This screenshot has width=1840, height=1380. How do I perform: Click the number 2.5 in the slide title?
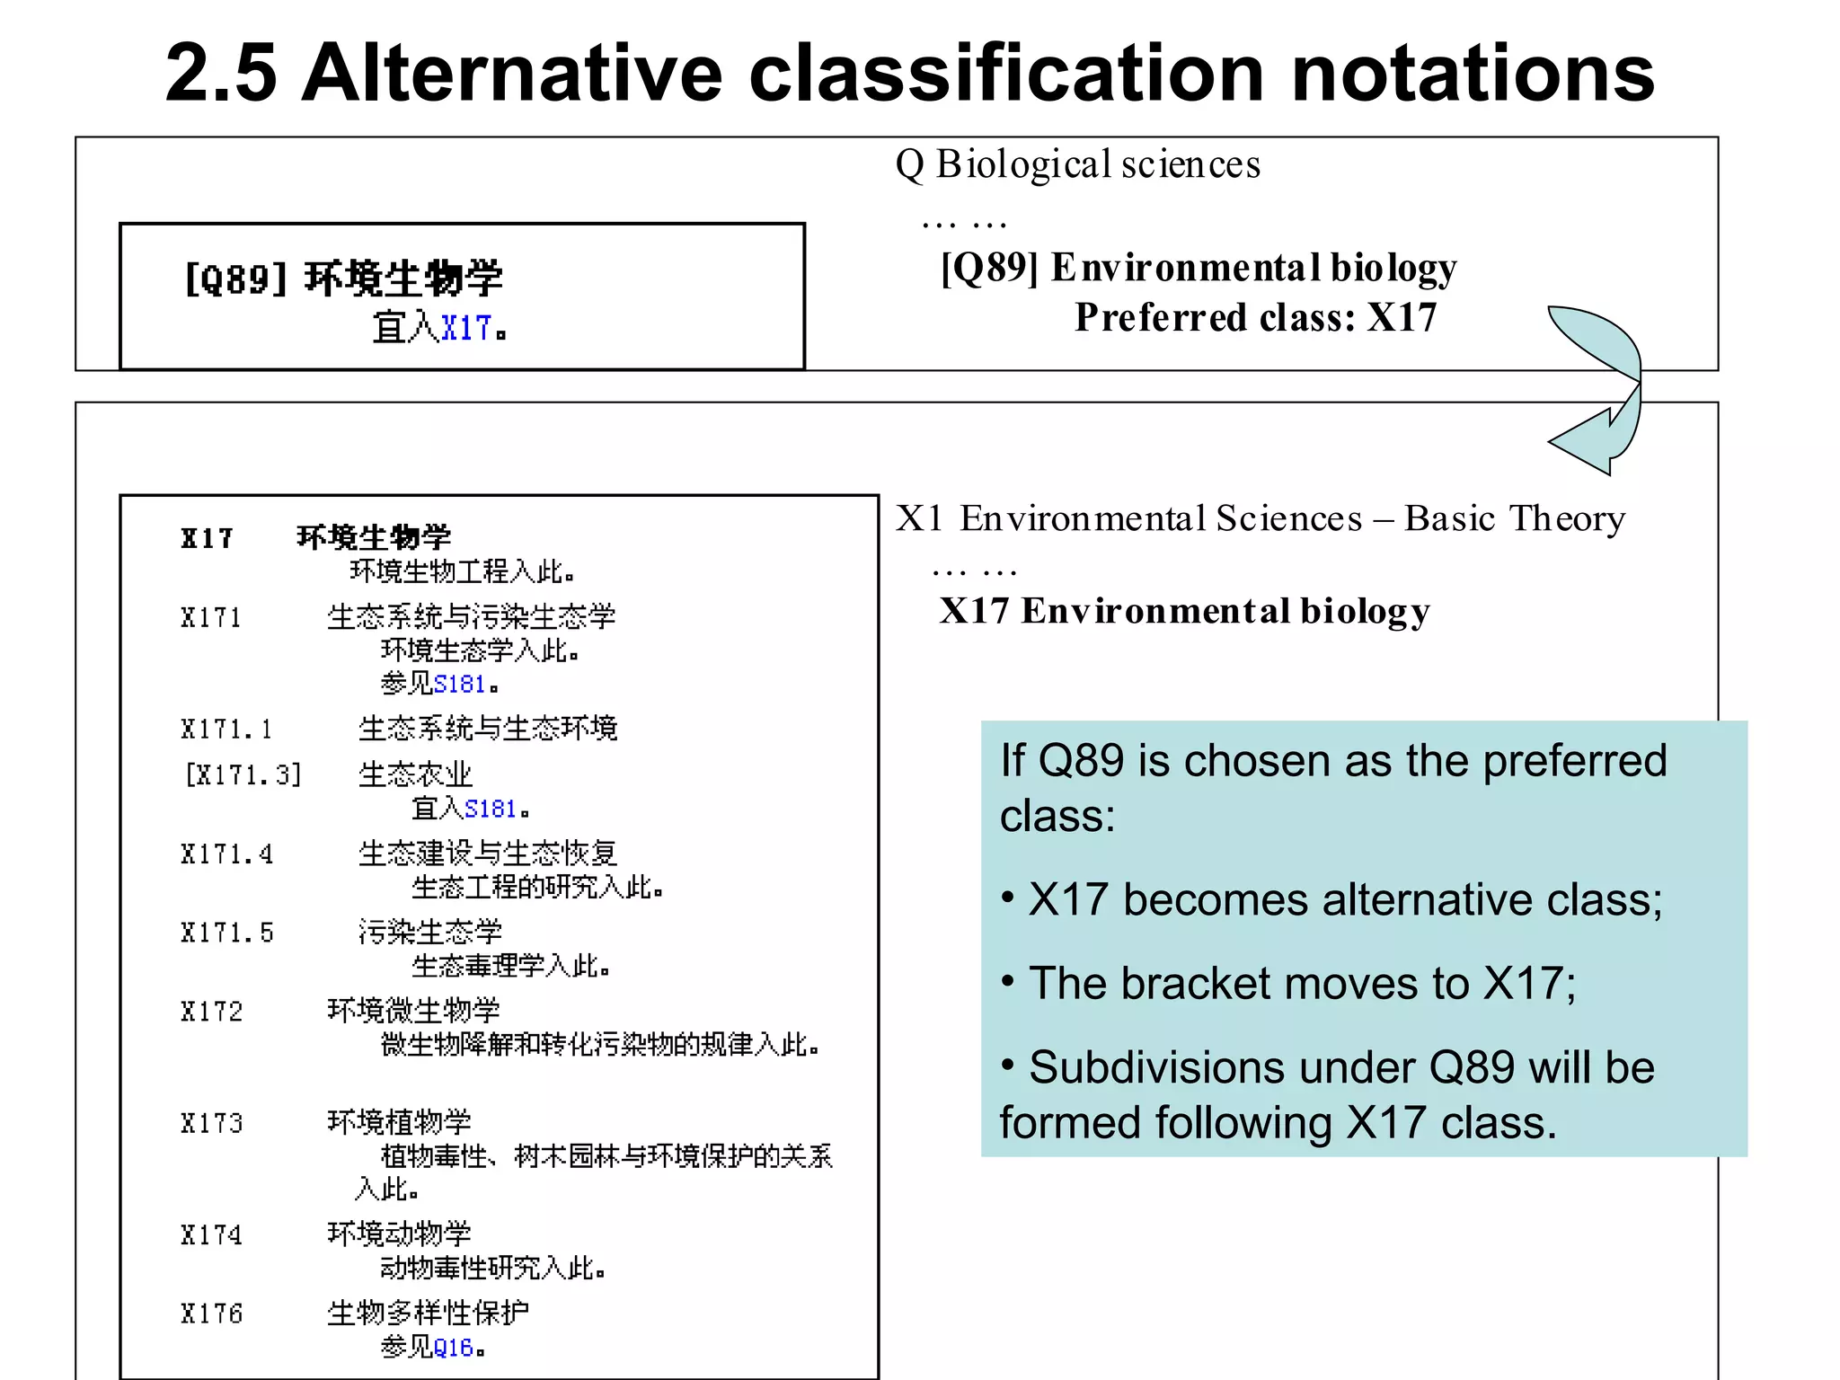pyautogui.click(x=220, y=74)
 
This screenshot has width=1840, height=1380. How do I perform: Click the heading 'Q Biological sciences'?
pyautogui.click(x=1078, y=164)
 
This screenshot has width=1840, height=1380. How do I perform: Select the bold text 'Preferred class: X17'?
pyautogui.click(x=1255, y=317)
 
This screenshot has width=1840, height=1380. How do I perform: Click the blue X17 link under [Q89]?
pyautogui.click(x=466, y=328)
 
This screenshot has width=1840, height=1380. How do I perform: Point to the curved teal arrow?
pyautogui.click(x=1604, y=386)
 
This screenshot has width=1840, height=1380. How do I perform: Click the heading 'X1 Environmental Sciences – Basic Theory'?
pyautogui.click(x=1260, y=518)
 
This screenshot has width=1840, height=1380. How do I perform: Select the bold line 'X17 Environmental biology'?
pyautogui.click(x=1184, y=611)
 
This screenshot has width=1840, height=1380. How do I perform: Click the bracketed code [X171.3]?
pyautogui.click(x=243, y=774)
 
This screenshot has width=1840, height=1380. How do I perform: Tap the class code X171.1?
pyautogui.click(x=226, y=729)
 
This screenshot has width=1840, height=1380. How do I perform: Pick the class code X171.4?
pyautogui.click(x=226, y=854)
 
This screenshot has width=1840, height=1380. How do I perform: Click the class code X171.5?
pyautogui.click(x=226, y=933)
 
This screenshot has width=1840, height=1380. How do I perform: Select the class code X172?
pyautogui.click(x=211, y=1012)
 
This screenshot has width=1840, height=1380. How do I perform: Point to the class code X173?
pyautogui.click(x=211, y=1123)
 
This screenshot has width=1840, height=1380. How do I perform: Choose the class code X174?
pyautogui.click(x=211, y=1235)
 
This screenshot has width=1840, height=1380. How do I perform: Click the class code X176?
pyautogui.click(x=211, y=1314)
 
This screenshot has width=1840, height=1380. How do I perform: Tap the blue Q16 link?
pyautogui.click(x=453, y=1348)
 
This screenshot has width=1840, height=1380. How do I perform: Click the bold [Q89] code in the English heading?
pyautogui.click(x=989, y=268)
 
